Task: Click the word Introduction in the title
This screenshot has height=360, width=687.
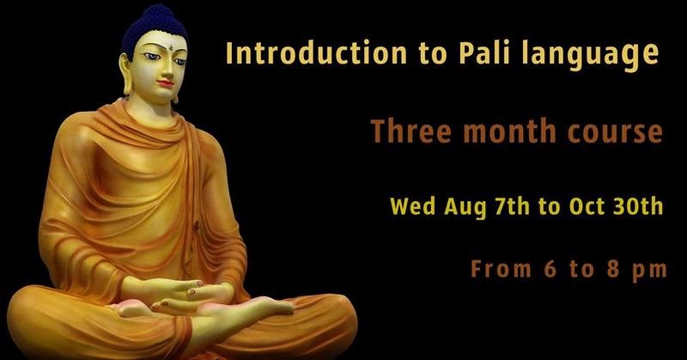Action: click(x=316, y=53)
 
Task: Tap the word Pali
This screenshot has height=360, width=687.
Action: click(x=484, y=53)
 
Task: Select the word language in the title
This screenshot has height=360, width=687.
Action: click(x=590, y=56)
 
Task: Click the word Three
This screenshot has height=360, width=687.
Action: click(x=411, y=131)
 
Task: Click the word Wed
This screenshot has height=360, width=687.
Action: click(x=412, y=206)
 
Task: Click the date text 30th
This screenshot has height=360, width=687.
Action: click(x=638, y=206)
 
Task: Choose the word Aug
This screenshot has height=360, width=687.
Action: click(x=465, y=208)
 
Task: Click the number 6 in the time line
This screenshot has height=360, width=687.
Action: click(x=550, y=268)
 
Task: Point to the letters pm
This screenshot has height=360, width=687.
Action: click(x=650, y=271)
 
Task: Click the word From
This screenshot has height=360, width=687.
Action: click(x=502, y=268)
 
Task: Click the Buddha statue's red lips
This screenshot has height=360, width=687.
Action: click(x=166, y=82)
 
